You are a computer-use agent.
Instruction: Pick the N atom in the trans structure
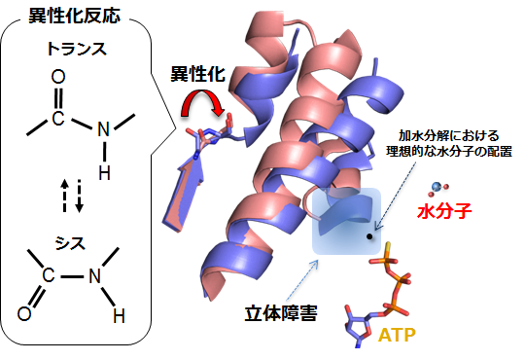pos(105,122)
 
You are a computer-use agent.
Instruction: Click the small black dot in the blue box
pos(370,235)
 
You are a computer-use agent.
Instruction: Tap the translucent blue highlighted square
pos(342,220)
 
